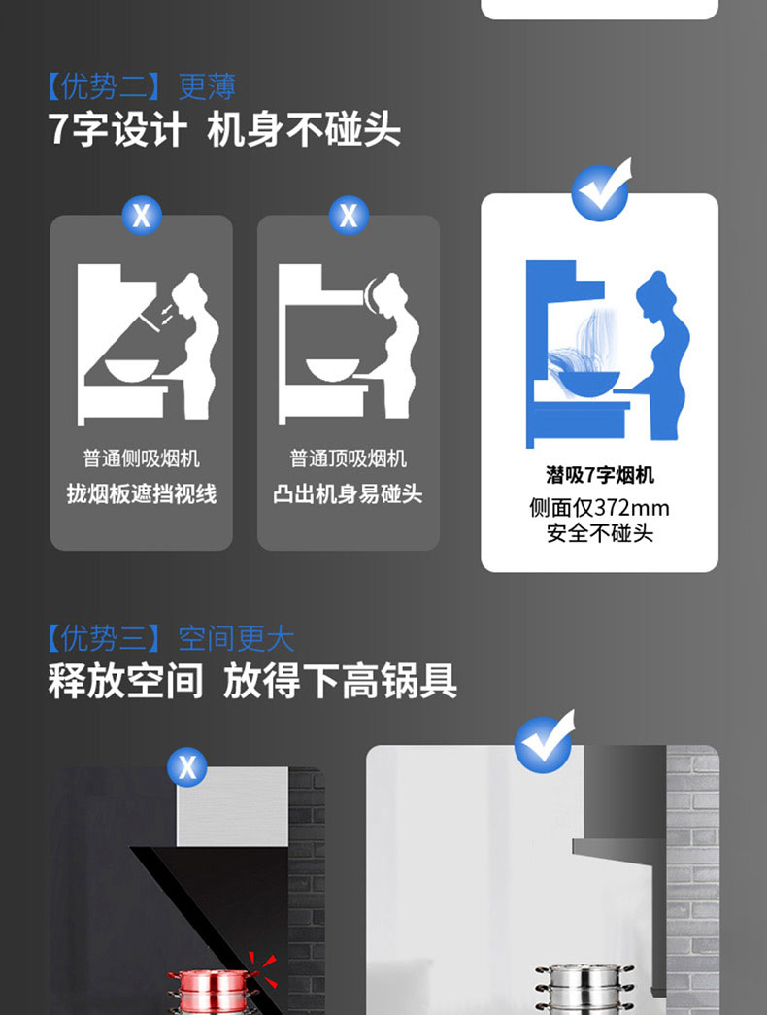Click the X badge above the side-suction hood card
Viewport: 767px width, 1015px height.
pyautogui.click(x=142, y=215)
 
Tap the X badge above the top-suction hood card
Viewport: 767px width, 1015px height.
pyautogui.click(x=349, y=215)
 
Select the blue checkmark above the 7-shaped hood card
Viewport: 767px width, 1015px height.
pyautogui.click(x=602, y=189)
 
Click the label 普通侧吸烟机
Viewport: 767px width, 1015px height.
pyautogui.click(x=141, y=459)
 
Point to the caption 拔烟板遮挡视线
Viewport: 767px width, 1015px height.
pyautogui.click(x=141, y=494)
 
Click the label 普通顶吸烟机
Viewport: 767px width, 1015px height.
pyautogui.click(x=349, y=459)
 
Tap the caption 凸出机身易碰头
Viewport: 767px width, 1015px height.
pyautogui.click(x=349, y=494)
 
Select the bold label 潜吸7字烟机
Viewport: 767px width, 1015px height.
pyautogui.click(x=600, y=475)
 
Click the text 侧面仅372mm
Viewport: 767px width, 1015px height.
pyautogui.click(x=599, y=507)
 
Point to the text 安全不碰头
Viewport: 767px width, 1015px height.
pyautogui.click(x=600, y=533)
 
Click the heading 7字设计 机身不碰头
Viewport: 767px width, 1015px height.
pyautogui.click(x=224, y=129)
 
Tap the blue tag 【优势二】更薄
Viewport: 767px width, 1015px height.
pyautogui.click(x=142, y=86)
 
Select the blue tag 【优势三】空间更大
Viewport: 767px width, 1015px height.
pyautogui.click(x=171, y=638)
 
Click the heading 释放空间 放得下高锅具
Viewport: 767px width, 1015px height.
pyautogui.click(x=252, y=680)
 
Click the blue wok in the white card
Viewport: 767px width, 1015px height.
pyautogui.click(x=589, y=383)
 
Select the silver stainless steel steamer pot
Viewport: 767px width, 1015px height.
pyautogui.click(x=584, y=990)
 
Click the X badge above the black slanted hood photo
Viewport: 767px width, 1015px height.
pyautogui.click(x=187, y=767)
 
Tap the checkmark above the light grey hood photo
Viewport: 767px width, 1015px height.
pyautogui.click(x=545, y=741)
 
